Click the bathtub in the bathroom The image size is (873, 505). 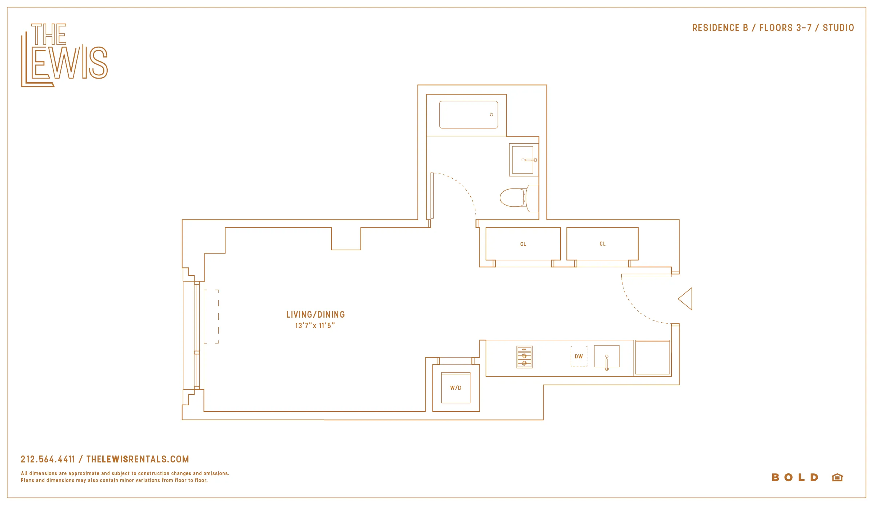click(x=468, y=115)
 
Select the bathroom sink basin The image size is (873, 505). click(x=522, y=160)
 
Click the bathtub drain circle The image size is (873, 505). click(x=491, y=115)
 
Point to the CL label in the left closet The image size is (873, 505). click(x=523, y=244)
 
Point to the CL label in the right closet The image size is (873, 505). click(x=603, y=244)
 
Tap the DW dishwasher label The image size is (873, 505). click(x=579, y=357)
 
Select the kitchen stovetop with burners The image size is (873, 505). click(x=525, y=357)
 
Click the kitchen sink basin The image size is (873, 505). click(x=606, y=356)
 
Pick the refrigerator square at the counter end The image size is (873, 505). click(x=653, y=358)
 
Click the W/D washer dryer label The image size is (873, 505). click(x=456, y=388)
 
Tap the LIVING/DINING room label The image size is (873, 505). click(x=315, y=315)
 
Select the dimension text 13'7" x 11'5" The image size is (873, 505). click(x=315, y=326)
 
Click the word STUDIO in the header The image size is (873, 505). click(x=838, y=28)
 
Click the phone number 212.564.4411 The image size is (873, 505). click(x=48, y=459)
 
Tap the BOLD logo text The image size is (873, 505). click(x=795, y=477)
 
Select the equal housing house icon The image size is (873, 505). click(x=837, y=477)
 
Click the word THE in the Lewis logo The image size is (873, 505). click(x=49, y=34)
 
